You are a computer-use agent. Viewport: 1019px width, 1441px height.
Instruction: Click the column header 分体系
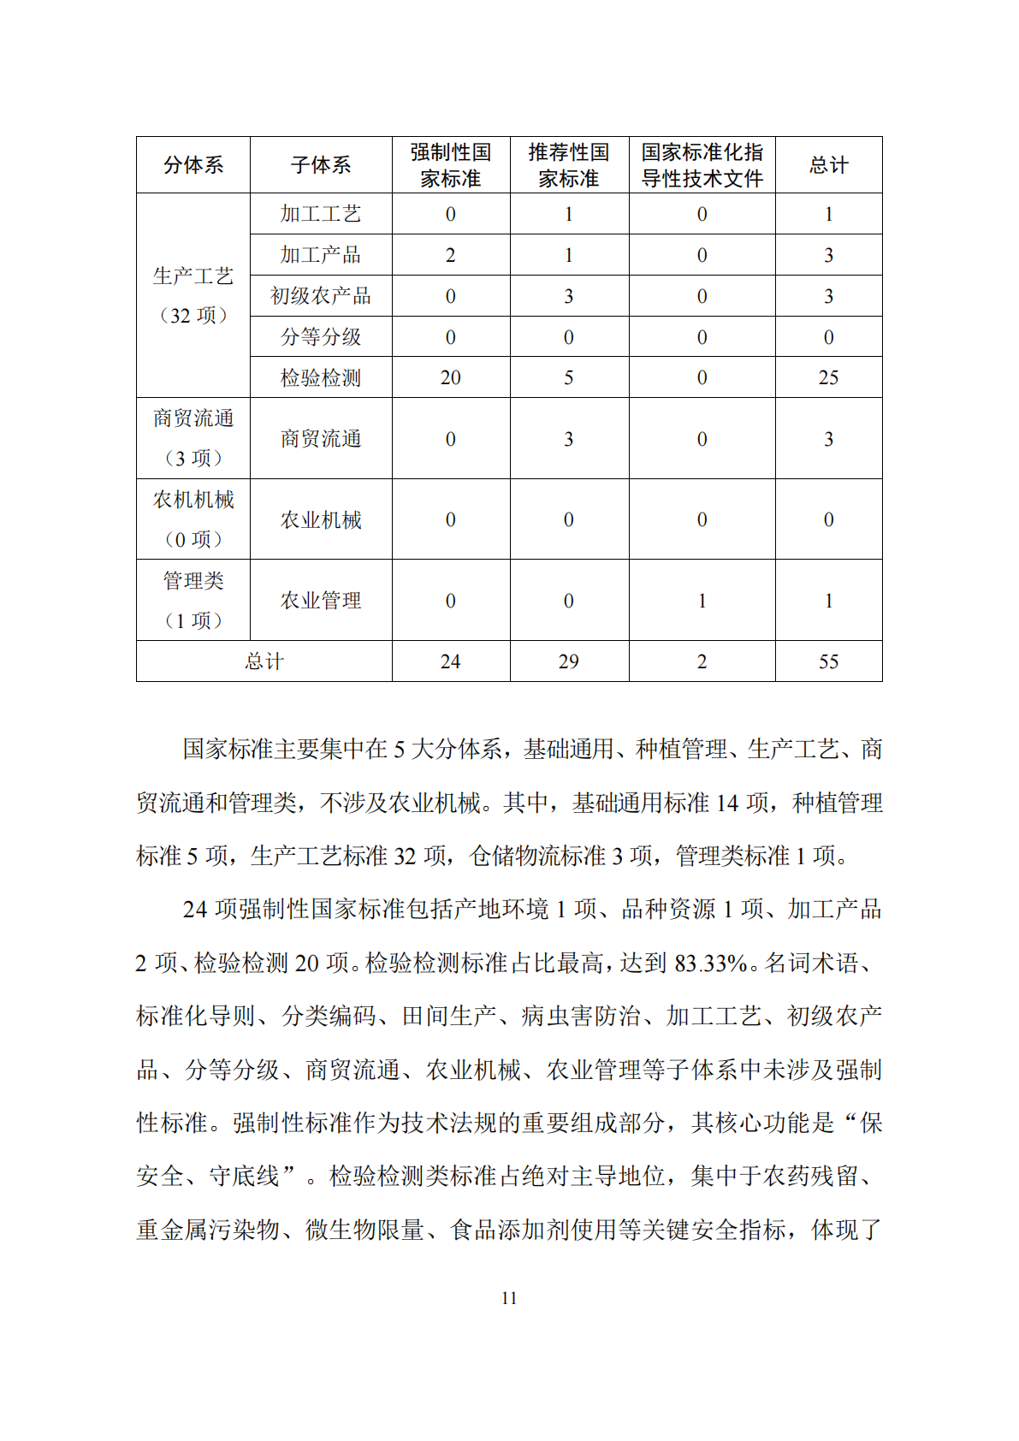(x=193, y=165)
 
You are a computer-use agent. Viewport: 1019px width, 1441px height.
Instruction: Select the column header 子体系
(x=321, y=165)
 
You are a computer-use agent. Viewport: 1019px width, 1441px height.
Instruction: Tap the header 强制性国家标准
(x=451, y=165)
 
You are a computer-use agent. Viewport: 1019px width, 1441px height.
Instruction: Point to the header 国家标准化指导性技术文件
(x=702, y=165)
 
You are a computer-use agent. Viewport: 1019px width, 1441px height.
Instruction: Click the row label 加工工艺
(x=321, y=214)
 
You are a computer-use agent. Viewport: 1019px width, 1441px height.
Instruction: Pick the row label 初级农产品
(x=321, y=296)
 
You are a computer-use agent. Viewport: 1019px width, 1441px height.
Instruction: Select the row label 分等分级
(x=321, y=337)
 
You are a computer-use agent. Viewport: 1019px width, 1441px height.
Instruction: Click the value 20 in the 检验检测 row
(x=450, y=378)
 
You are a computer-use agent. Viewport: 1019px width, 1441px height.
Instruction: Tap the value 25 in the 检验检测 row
(x=828, y=378)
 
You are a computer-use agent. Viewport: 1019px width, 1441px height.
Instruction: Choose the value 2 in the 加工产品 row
(x=450, y=255)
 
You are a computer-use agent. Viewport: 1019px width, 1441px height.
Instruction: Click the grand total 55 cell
(x=828, y=661)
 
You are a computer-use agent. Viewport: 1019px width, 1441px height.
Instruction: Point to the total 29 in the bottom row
(x=568, y=661)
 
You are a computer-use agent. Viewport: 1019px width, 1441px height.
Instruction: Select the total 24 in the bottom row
(x=450, y=661)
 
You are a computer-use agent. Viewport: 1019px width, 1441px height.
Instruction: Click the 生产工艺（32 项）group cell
(x=193, y=295)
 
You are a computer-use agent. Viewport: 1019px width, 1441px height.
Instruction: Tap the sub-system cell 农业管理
(x=321, y=601)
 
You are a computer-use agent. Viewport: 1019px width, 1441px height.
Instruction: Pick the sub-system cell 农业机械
(x=321, y=519)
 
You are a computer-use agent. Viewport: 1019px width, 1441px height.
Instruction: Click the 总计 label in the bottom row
(x=264, y=661)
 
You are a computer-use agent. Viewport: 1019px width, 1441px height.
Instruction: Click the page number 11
(x=509, y=1298)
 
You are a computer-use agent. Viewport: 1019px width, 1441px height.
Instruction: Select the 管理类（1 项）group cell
(x=193, y=600)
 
